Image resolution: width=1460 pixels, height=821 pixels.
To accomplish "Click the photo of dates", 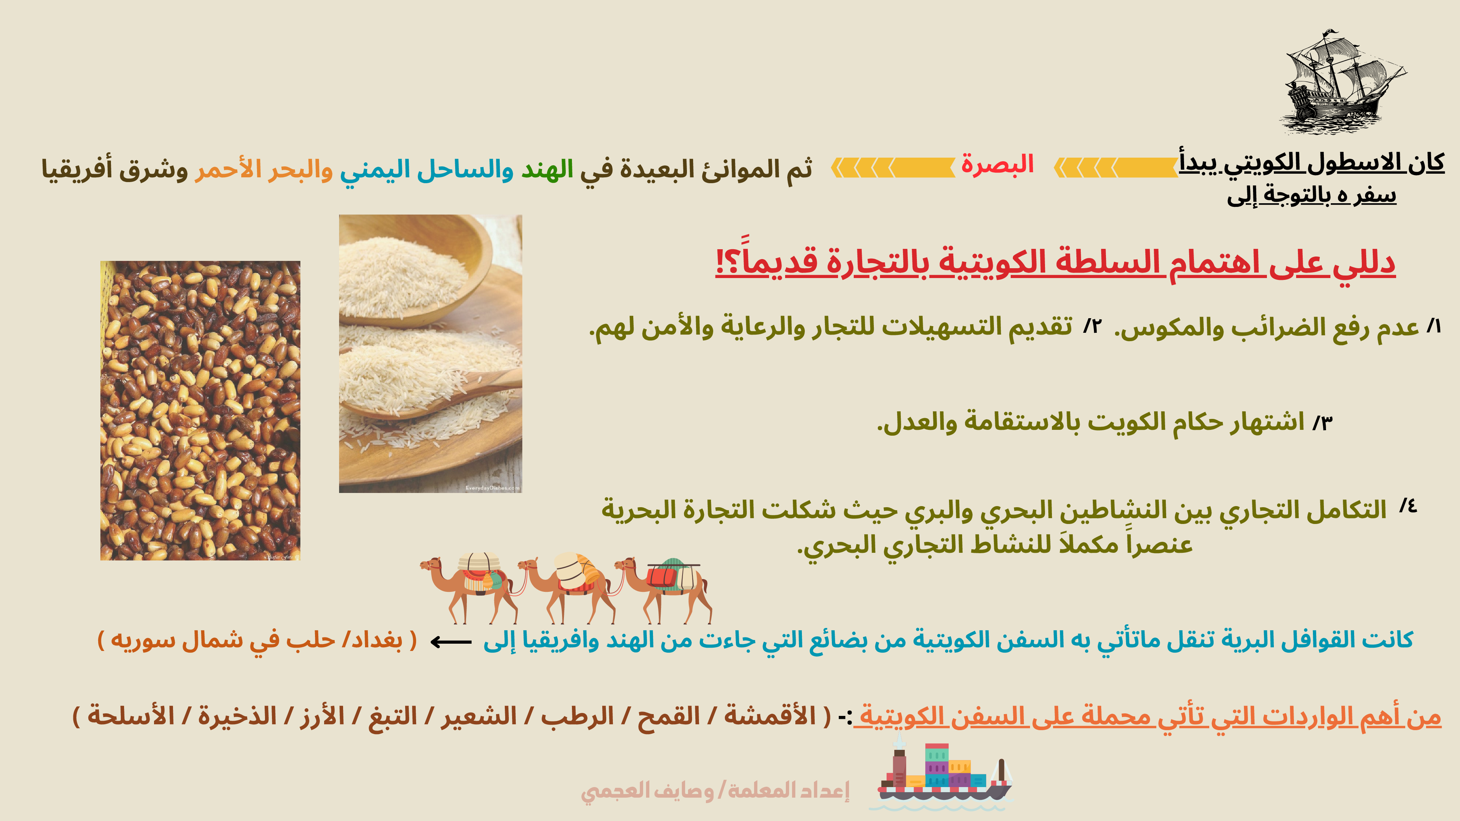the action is click(x=200, y=411).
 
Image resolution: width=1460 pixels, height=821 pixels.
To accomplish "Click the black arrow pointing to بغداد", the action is click(x=450, y=642).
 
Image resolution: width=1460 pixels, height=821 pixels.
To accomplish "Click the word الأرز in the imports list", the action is click(x=322, y=715).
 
